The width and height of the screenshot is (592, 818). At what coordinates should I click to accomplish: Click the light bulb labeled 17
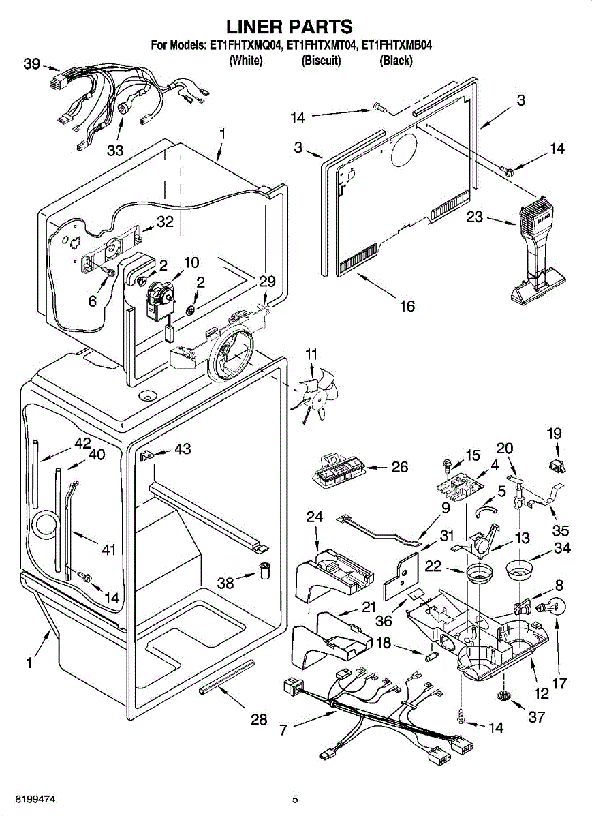point(552,607)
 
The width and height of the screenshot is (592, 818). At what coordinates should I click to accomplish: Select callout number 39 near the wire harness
point(31,64)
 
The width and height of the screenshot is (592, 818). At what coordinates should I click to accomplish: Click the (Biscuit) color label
point(321,60)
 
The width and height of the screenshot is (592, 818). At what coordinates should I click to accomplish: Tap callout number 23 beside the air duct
point(474,217)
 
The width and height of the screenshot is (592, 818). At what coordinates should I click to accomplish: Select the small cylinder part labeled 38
point(264,571)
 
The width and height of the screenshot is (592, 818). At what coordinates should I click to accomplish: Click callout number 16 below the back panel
point(407,306)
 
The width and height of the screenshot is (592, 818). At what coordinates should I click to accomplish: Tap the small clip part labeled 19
point(557,467)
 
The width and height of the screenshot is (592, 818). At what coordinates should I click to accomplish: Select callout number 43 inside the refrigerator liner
point(183,449)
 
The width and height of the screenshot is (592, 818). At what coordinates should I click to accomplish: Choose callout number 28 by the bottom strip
point(259,720)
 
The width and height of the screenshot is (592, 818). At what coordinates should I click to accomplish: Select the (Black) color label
point(396,60)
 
